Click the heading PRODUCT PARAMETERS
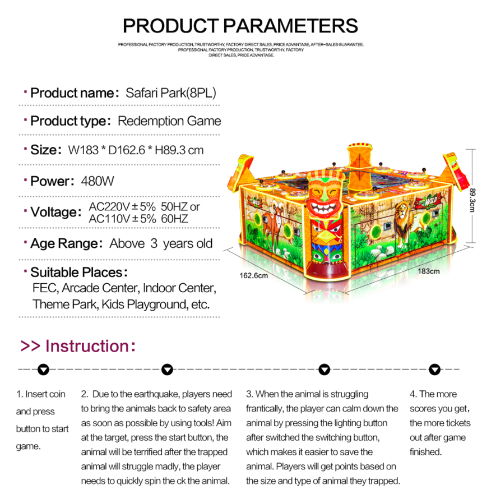click(x=240, y=26)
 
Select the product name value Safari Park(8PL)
click(x=170, y=93)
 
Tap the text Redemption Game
click(x=169, y=121)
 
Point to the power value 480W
click(x=98, y=181)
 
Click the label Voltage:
click(x=56, y=212)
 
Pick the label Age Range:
click(x=66, y=243)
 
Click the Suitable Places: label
click(x=79, y=273)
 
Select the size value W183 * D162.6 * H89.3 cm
click(x=136, y=150)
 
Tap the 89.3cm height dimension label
click(x=472, y=200)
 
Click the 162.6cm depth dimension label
click(x=254, y=275)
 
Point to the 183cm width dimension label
click(x=428, y=271)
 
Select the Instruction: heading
click(x=78, y=346)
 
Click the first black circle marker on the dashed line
click(x=43, y=370)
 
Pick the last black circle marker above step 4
click(x=434, y=370)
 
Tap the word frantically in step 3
click(x=264, y=409)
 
